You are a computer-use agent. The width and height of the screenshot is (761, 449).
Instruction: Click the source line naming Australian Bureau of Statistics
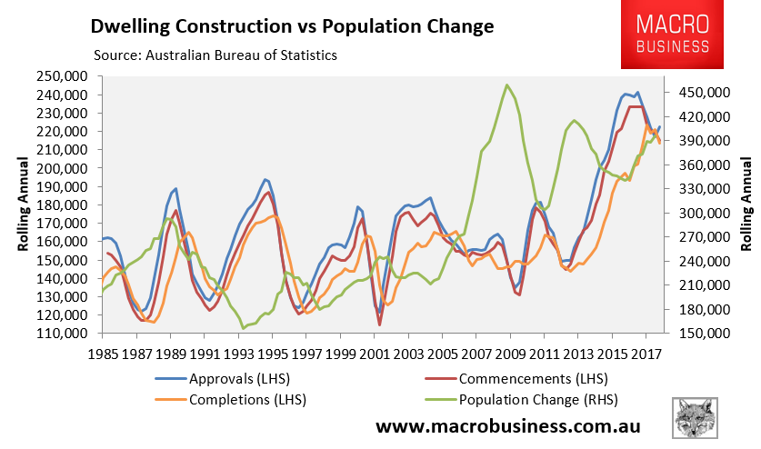click(210, 55)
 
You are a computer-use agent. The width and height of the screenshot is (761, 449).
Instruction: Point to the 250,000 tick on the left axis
click(65, 76)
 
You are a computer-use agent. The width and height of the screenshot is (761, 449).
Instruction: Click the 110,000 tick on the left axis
click(65, 334)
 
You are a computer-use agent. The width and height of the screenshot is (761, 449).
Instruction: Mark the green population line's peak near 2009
click(506, 85)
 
